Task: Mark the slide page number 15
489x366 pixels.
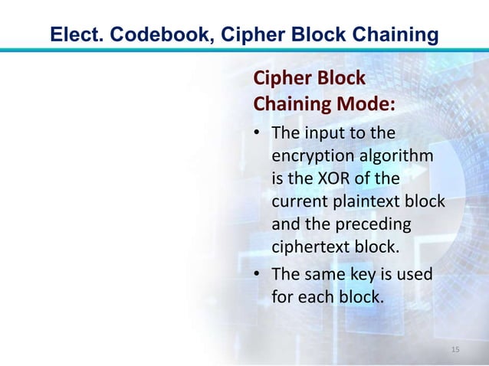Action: tap(455, 350)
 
